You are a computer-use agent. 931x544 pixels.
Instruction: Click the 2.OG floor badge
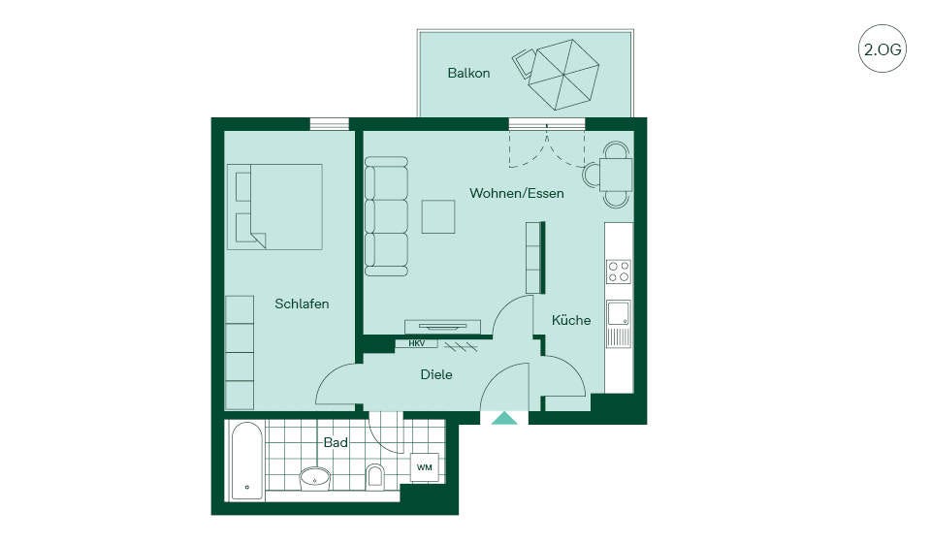[883, 48]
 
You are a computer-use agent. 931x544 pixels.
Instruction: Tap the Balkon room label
[468, 73]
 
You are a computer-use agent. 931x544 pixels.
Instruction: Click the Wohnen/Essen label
[517, 193]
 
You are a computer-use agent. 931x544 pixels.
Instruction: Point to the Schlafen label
[302, 304]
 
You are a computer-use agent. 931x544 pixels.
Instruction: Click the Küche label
[571, 320]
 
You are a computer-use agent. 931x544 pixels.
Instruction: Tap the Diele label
[436, 374]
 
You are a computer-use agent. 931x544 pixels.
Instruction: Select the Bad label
[336, 442]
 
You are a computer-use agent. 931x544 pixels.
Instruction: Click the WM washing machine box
[425, 467]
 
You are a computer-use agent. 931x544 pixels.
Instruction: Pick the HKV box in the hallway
[416, 343]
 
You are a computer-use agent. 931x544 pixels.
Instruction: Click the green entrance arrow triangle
[504, 418]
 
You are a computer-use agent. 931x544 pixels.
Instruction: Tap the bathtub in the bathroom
[246, 461]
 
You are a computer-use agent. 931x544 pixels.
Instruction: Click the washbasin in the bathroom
[314, 477]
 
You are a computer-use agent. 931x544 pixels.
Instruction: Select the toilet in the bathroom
[375, 475]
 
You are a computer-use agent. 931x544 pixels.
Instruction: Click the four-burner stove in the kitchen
[618, 272]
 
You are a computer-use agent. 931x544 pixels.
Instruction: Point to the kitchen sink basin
[618, 313]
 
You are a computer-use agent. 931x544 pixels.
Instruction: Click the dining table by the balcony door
[616, 175]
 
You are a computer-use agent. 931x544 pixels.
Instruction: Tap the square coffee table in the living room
[438, 216]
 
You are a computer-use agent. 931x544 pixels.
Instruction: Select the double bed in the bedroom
[274, 207]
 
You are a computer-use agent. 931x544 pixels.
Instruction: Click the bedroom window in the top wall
[330, 123]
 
